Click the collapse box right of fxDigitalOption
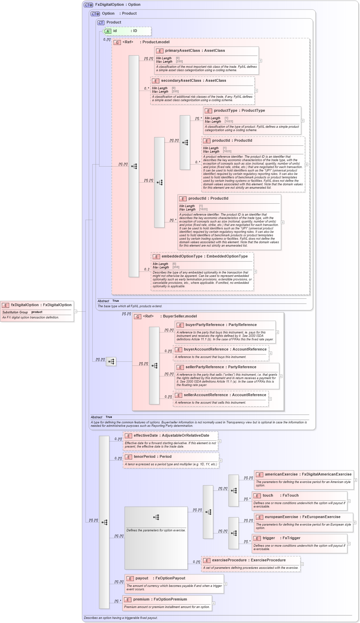[76, 311]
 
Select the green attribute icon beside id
[108, 31]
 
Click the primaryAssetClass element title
[195, 50]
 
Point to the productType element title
[239, 110]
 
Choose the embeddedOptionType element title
[204, 256]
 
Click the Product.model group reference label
[156, 42]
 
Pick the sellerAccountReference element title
[225, 395]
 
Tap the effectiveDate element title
[171, 435]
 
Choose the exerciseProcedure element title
[249, 560]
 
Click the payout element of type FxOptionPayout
[160, 578]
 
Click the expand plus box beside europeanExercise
[355, 523]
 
